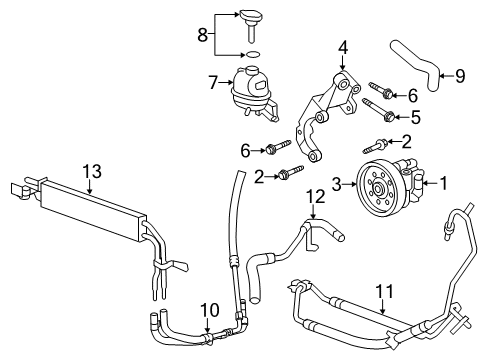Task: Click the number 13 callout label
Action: (92, 173)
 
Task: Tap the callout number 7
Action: (211, 79)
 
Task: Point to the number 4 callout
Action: (342, 46)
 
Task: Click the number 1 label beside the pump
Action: (447, 183)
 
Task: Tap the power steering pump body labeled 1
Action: (412, 183)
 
